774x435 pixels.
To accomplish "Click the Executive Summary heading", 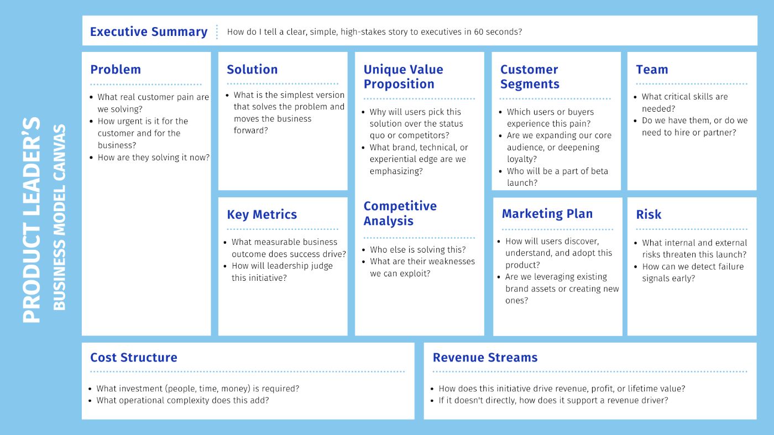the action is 149,32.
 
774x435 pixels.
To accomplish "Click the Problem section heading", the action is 116,70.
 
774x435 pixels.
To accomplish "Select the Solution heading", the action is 252,70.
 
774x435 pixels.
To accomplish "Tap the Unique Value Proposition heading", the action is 403,77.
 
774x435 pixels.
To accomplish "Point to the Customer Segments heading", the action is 530,77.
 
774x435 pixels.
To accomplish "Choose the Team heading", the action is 652,70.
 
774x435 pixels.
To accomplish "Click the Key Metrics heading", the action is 262,214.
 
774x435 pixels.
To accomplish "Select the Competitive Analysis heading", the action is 400,213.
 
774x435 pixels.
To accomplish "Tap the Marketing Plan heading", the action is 547,213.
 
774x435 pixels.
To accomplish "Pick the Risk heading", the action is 649,214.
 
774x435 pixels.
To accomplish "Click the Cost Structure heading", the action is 133,357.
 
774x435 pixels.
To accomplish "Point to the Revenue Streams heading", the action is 485,357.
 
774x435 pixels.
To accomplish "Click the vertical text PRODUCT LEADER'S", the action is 32,220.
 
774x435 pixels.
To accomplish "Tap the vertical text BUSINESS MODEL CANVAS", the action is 59,217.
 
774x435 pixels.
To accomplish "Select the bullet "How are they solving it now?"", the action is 154,158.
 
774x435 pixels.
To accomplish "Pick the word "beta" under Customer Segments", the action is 599,171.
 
